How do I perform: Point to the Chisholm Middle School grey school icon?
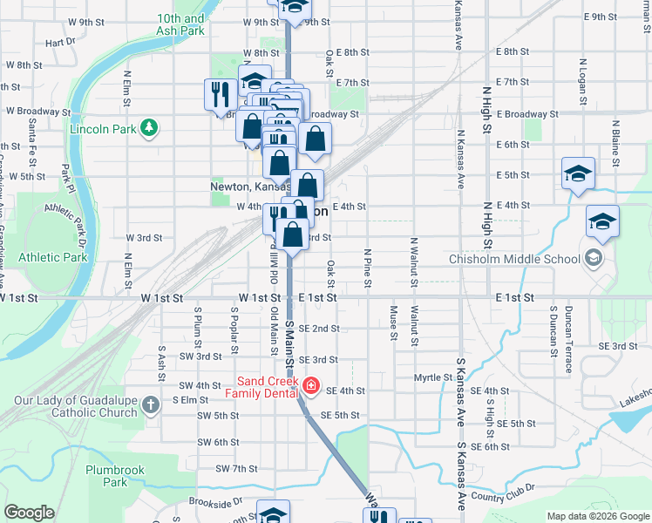click(x=594, y=258)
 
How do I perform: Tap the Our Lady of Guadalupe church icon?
click(x=152, y=404)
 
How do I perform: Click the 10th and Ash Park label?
click(x=181, y=24)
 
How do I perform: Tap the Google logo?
click(x=29, y=513)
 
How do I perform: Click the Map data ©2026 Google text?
click(x=597, y=517)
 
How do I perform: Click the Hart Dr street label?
click(x=61, y=41)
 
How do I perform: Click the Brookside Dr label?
click(x=214, y=503)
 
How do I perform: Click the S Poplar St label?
click(x=234, y=330)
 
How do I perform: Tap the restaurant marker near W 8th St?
click(x=217, y=95)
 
